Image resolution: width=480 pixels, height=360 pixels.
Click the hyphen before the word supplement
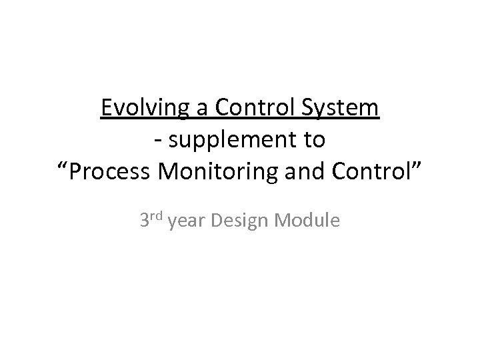tap(156, 141)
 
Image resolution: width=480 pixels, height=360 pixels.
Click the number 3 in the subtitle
tap(144, 220)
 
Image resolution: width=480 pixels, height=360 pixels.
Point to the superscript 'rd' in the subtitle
tap(158, 215)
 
